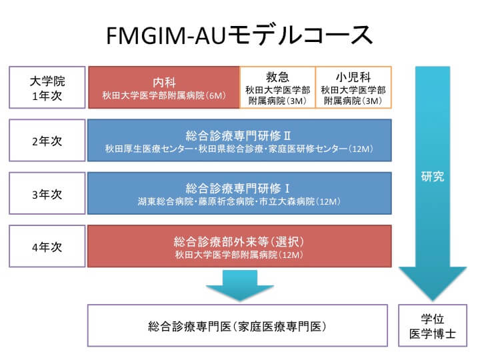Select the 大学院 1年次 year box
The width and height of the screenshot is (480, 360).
[x=47, y=87]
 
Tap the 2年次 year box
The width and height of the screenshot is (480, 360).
[x=47, y=141]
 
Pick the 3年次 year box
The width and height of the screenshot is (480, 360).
[x=47, y=193]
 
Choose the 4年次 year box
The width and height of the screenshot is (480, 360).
[x=47, y=247]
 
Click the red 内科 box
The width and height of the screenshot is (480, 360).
[x=164, y=87]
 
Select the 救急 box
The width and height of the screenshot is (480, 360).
[x=277, y=87]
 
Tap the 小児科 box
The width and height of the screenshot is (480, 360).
[x=353, y=87]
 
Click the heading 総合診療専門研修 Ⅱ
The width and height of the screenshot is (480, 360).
[x=238, y=135]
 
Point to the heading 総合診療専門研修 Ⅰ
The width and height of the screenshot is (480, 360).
[x=237, y=188]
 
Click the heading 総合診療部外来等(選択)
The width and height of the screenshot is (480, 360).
[x=239, y=242]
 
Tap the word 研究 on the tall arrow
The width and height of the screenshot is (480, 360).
[x=432, y=177]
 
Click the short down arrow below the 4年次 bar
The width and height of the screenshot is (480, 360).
[x=240, y=285]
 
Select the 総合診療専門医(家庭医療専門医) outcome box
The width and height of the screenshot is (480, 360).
[x=237, y=325]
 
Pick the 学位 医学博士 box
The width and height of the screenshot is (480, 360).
[x=433, y=325]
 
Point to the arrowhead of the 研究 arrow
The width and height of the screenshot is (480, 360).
[x=433, y=301]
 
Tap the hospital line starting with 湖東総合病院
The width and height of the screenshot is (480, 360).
[x=239, y=202]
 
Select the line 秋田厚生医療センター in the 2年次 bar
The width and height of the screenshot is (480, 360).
[x=239, y=149]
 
